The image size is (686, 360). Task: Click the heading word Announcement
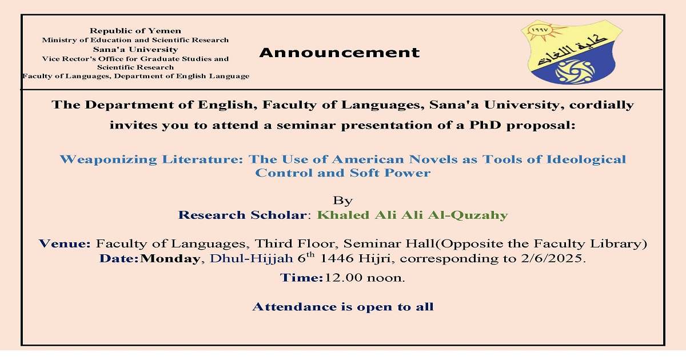[340, 53]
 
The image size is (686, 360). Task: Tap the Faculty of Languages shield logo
[572, 52]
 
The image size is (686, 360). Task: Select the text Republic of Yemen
[135, 31]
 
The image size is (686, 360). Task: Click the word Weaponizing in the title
[109, 160]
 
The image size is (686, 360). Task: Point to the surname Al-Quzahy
[468, 215]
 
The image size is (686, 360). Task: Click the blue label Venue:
[65, 243]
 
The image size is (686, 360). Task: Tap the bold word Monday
[170, 259]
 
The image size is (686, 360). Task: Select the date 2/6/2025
[553, 258]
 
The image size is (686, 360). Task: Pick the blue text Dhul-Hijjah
[252, 259]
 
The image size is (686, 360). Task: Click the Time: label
[301, 278]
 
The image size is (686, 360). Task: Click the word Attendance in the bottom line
[294, 307]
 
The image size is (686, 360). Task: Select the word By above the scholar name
[342, 201]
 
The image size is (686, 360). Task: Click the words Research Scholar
[242, 215]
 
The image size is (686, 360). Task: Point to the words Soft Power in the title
[390, 173]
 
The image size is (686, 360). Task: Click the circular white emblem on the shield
[575, 71]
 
